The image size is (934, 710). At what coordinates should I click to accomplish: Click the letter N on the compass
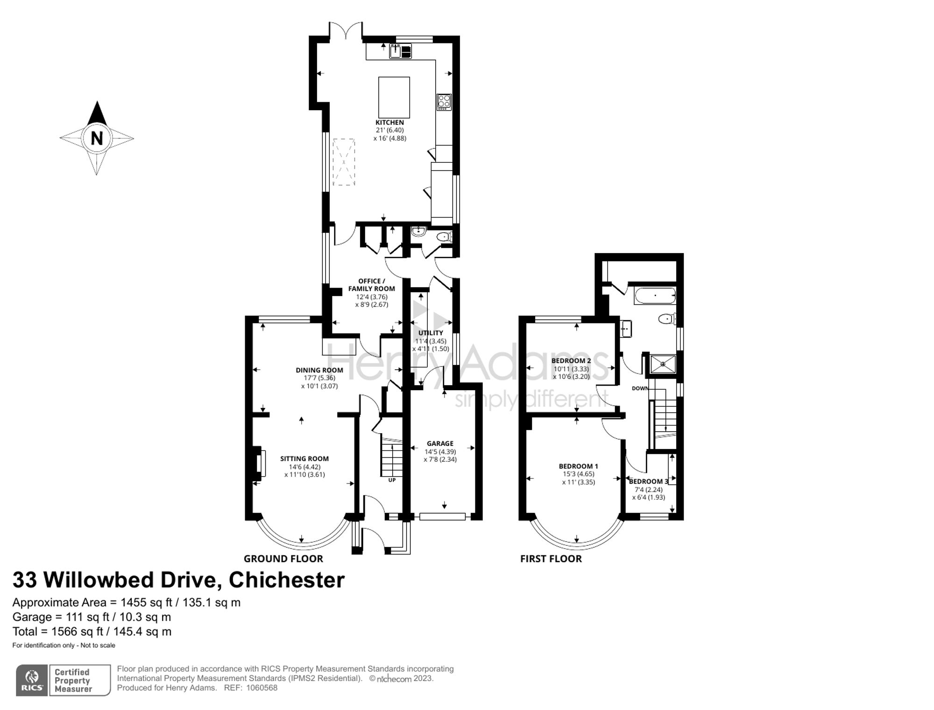point(97,139)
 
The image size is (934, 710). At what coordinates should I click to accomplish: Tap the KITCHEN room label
point(389,123)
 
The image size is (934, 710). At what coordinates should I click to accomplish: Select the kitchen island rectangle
point(394,97)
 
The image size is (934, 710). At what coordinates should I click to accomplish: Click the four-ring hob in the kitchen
point(444,102)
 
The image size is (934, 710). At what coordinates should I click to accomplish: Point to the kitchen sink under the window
point(401,51)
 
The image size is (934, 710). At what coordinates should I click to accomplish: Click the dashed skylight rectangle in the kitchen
point(343,162)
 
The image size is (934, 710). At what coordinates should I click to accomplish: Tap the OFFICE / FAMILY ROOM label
point(371,285)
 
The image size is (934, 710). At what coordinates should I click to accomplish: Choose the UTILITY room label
point(431,333)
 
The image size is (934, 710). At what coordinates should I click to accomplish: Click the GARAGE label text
point(440,443)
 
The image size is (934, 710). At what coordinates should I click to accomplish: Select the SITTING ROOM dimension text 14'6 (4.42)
point(304,467)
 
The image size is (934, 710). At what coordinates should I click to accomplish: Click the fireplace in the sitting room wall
point(261,463)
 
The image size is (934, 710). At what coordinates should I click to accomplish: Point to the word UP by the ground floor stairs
point(392,480)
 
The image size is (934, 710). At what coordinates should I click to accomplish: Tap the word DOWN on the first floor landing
point(640,388)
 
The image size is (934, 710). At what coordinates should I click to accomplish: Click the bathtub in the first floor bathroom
point(655,296)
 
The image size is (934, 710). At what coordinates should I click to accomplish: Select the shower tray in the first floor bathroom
point(663,364)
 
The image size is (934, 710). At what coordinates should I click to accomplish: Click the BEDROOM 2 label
point(571,361)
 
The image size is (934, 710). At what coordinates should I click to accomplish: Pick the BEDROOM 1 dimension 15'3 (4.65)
point(578,474)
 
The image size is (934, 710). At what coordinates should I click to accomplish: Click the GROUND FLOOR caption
point(283,559)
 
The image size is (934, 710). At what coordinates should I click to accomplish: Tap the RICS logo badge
point(32,680)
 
